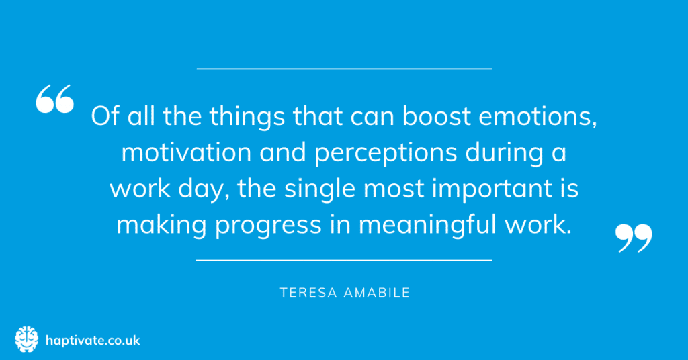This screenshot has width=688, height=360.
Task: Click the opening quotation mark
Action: (x=54, y=99)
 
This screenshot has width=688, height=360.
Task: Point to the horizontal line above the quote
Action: (x=344, y=69)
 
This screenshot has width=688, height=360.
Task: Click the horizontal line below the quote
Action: (x=344, y=259)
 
